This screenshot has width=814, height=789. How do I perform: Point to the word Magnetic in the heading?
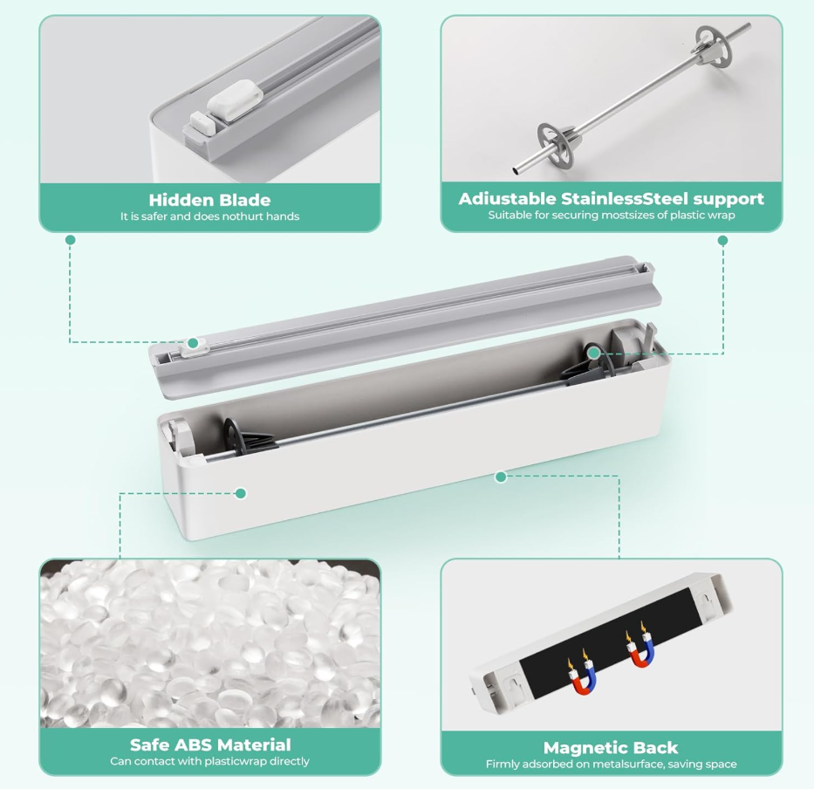581,747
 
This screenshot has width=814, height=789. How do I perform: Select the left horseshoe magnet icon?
583,676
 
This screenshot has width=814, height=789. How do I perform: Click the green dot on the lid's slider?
193,343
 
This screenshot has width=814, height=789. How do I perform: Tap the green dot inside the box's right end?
594,353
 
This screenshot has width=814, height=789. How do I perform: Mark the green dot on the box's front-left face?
240,493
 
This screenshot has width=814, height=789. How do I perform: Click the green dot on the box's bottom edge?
501,477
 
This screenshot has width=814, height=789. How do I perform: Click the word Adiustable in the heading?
500,198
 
